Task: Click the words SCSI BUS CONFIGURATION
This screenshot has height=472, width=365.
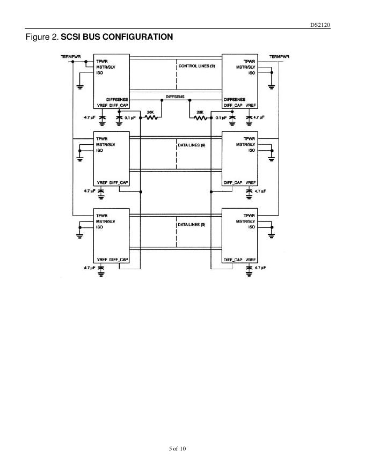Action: (x=116, y=37)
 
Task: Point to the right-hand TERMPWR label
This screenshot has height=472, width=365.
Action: (x=279, y=56)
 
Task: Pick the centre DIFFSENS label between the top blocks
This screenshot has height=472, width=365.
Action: (x=175, y=96)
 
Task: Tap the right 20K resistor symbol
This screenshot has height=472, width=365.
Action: (x=198, y=117)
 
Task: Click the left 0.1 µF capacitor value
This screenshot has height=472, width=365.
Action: (x=129, y=117)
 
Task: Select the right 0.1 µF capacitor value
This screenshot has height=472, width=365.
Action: (x=221, y=117)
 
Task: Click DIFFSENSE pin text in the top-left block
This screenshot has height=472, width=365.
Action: (x=117, y=99)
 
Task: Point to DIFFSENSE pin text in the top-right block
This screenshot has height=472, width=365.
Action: (x=235, y=99)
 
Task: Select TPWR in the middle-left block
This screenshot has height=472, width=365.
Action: (x=101, y=138)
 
